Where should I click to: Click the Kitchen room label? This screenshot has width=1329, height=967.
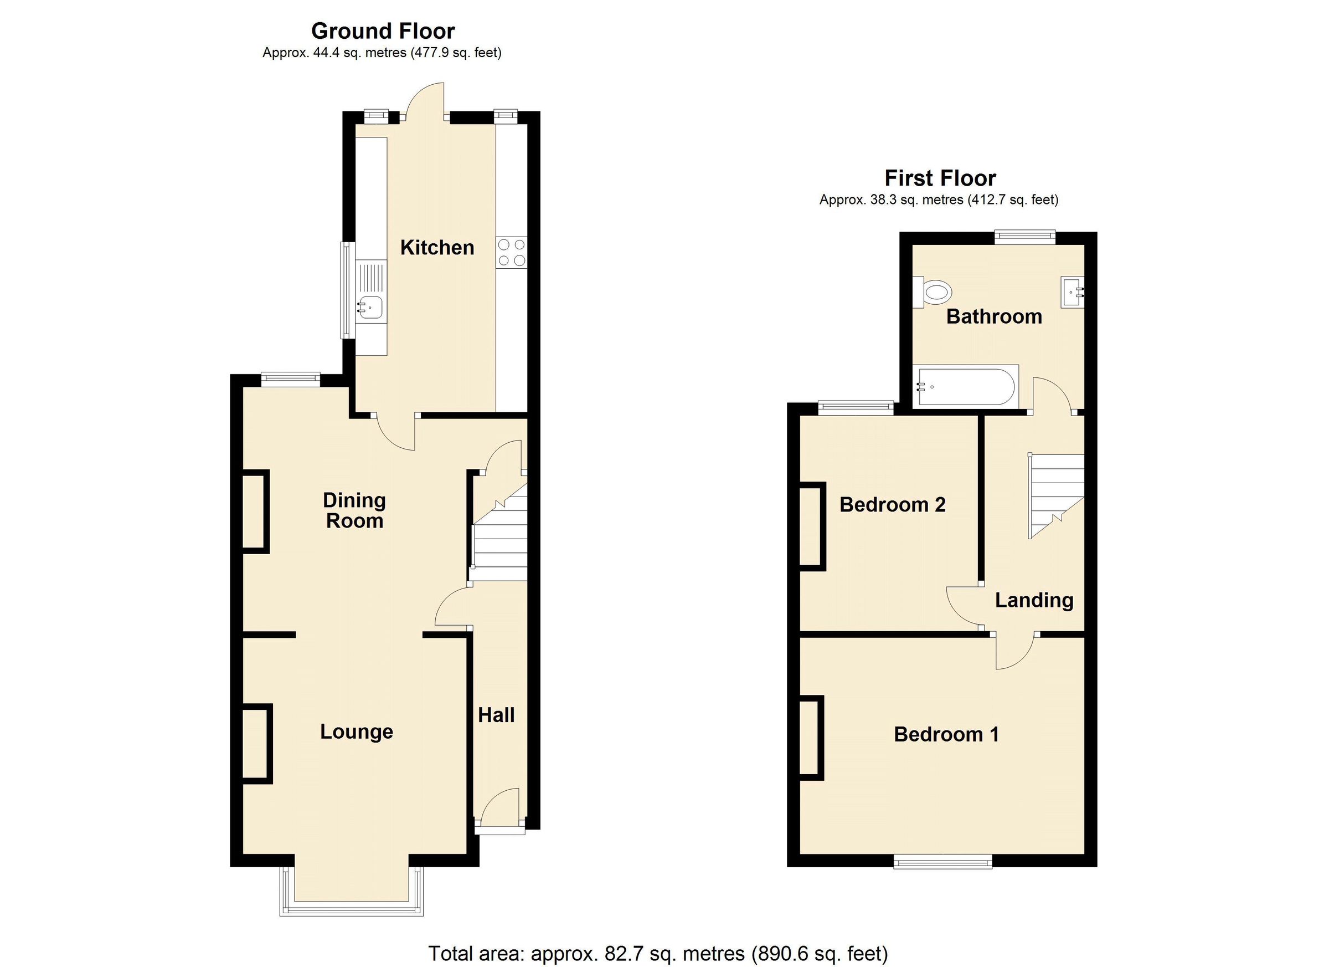pyautogui.click(x=436, y=248)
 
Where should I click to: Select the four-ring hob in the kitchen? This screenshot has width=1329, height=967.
pyautogui.click(x=511, y=252)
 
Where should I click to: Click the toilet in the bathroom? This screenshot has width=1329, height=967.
pyautogui.click(x=935, y=291)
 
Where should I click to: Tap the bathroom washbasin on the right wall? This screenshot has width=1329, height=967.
pyautogui.click(x=1072, y=291)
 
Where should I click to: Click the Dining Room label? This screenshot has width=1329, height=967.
pyautogui.click(x=354, y=510)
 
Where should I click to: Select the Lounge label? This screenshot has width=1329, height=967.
pyautogui.click(x=356, y=731)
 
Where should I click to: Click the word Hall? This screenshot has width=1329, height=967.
pyautogui.click(x=496, y=715)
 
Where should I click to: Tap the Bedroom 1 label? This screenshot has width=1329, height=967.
pyautogui.click(x=946, y=734)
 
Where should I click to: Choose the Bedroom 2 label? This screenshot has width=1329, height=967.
pyautogui.click(x=892, y=504)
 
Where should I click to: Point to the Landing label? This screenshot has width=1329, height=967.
pyautogui.click(x=1034, y=600)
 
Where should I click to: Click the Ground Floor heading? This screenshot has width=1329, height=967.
pyautogui.click(x=383, y=30)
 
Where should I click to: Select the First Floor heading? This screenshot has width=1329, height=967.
pyautogui.click(x=940, y=178)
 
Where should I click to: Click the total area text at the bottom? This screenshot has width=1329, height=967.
pyautogui.click(x=658, y=953)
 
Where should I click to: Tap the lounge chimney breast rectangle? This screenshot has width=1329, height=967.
pyautogui.click(x=256, y=744)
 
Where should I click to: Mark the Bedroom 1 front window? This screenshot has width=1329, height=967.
pyautogui.click(x=942, y=860)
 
